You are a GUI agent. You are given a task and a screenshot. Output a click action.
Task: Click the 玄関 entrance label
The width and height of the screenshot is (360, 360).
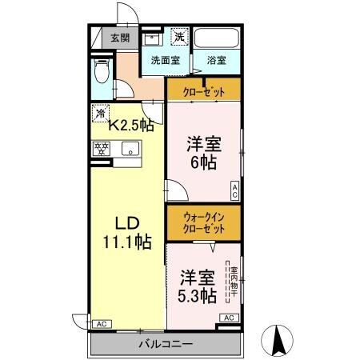[x=120, y=37]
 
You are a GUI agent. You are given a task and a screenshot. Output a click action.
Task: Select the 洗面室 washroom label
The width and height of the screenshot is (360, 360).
[x=165, y=60]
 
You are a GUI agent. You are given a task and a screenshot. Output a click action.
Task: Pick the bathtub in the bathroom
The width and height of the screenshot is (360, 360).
[x=217, y=38]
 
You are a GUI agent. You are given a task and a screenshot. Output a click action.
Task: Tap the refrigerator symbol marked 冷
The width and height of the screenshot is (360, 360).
[x=101, y=112]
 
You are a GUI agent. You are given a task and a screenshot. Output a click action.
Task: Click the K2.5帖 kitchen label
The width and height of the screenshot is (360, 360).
[x=131, y=125]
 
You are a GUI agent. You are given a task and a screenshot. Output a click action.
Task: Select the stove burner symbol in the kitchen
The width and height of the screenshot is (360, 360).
[x=102, y=148]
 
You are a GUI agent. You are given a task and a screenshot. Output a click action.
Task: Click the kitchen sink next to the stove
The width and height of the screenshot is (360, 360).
[x=129, y=149]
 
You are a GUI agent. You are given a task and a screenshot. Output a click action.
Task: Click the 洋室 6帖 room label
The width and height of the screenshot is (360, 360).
[x=204, y=152]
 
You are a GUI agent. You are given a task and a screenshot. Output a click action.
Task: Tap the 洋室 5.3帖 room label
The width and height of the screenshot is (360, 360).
[x=197, y=287]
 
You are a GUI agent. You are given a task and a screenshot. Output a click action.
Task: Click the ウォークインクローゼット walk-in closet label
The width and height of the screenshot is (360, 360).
[x=203, y=221]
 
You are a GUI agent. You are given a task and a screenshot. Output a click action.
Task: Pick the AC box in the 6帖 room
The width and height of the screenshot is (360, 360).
[x=235, y=190]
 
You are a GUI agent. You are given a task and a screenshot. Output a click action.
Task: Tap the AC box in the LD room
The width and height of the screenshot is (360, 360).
[x=101, y=324]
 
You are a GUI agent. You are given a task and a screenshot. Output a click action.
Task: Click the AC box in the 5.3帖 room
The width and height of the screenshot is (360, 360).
[x=227, y=318]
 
